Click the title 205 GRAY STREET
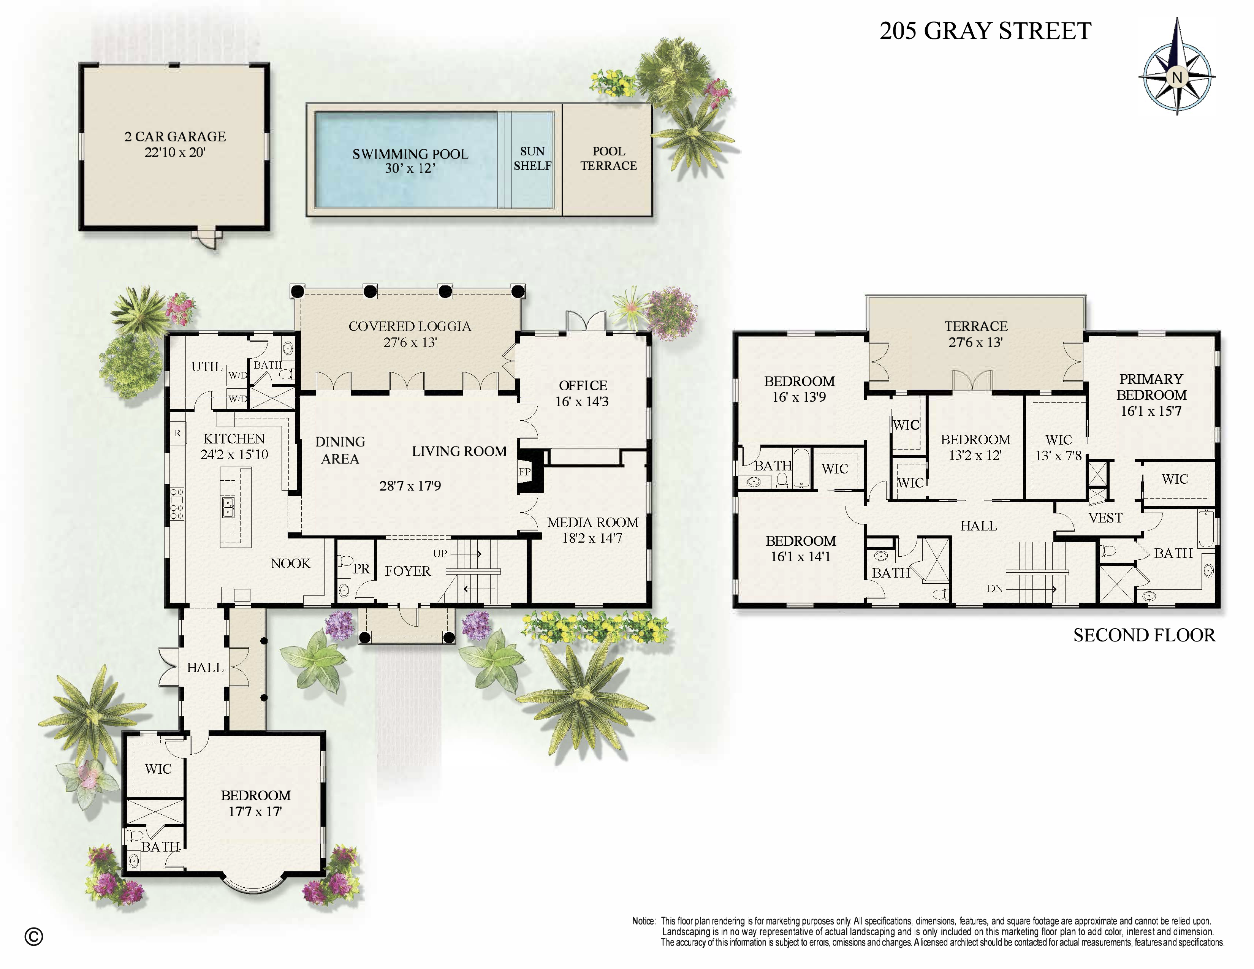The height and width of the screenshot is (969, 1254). pyautogui.click(x=985, y=31)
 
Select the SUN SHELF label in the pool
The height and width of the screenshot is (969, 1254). pyautogui.click(x=532, y=158)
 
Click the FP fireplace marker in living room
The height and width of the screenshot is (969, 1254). pyautogui.click(x=524, y=472)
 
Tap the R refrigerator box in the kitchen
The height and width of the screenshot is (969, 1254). pyautogui.click(x=177, y=434)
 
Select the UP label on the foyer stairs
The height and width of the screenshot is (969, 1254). pyautogui.click(x=440, y=553)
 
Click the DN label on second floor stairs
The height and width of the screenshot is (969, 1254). pyautogui.click(x=995, y=588)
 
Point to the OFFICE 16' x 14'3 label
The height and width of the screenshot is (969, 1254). pyautogui.click(x=582, y=393)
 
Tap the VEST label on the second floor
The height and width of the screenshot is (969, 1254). pyautogui.click(x=1105, y=518)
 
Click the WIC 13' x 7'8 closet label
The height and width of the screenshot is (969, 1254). pyautogui.click(x=1058, y=448)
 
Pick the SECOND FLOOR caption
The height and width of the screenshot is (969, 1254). pyautogui.click(x=1144, y=635)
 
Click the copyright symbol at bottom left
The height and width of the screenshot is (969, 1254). pyautogui.click(x=34, y=936)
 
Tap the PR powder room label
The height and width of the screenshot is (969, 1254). pyautogui.click(x=361, y=569)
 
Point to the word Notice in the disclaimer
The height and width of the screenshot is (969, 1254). pyautogui.click(x=643, y=921)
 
